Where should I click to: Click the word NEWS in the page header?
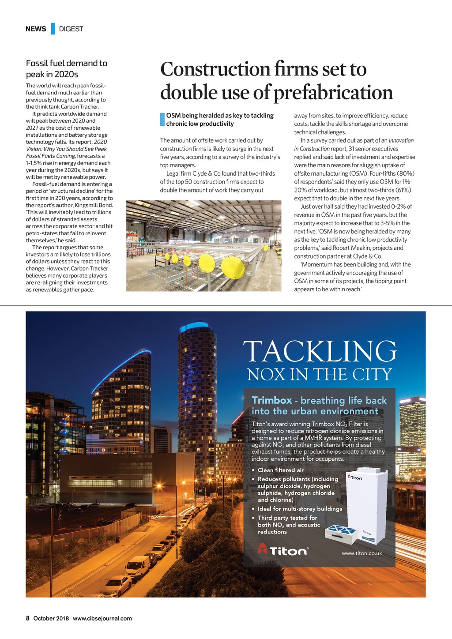coord(36,29)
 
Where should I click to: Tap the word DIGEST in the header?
coord(71,29)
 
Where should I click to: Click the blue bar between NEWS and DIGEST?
coord(53,29)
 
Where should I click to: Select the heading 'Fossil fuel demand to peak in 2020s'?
coord(67,69)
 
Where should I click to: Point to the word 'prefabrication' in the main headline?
coord(333,93)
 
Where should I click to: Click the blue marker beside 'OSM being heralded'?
coord(162,120)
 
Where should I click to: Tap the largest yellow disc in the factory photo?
coord(233,267)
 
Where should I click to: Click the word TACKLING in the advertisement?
coord(320,352)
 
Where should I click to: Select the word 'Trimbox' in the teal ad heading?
coord(271,401)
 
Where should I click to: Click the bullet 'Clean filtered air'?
coord(281,470)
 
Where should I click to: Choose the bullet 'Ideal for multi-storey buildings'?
coord(300,509)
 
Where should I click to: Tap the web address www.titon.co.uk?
coord(362,553)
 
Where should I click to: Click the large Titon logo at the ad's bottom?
coord(282,550)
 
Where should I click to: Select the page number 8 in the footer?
coord(27,618)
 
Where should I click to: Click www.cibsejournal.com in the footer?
coord(102,618)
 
